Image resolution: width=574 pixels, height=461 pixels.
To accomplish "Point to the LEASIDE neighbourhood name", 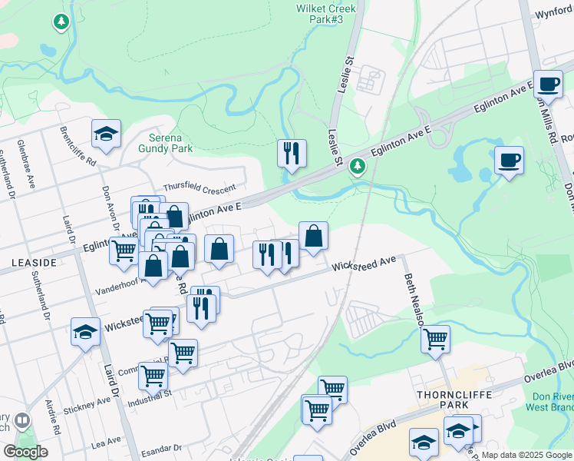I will click(35, 263).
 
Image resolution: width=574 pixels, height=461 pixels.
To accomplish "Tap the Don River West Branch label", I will click(552, 402).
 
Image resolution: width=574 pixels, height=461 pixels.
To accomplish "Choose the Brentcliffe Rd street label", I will click(78, 146).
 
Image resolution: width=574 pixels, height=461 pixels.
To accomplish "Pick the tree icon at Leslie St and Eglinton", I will click(358, 165).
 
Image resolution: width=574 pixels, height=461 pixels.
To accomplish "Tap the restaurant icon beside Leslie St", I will click(292, 154).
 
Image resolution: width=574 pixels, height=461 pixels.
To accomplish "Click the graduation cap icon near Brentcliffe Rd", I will click(106, 134).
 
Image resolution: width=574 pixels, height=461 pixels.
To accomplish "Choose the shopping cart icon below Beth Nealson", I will click(435, 339).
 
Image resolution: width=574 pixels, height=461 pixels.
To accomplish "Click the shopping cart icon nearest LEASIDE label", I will click(124, 250).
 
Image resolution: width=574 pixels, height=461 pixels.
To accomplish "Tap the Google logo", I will click(25, 452).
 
